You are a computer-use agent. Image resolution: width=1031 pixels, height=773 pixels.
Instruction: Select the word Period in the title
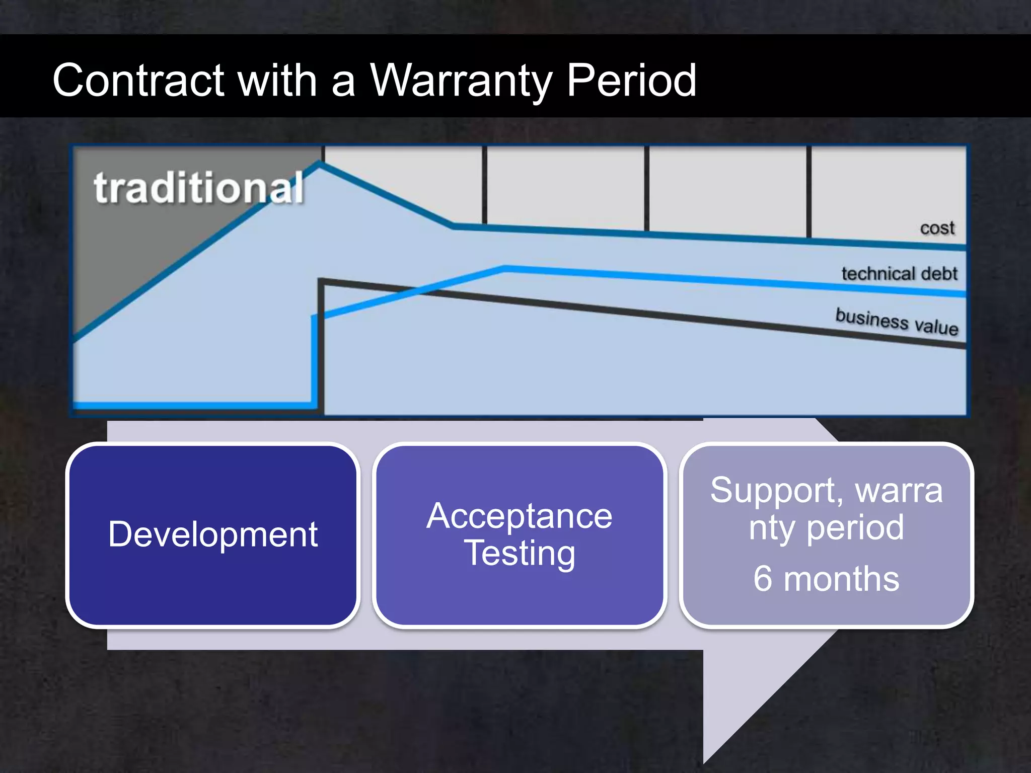(631, 81)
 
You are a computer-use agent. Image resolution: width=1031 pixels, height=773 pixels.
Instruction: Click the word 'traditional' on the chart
(199, 188)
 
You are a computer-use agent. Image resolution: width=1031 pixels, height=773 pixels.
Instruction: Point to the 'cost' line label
(937, 228)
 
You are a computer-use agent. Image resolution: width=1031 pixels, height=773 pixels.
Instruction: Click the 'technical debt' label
(899, 274)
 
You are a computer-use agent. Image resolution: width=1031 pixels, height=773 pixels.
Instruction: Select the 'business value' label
(897, 321)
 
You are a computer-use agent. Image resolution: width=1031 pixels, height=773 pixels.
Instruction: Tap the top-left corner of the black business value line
(321, 281)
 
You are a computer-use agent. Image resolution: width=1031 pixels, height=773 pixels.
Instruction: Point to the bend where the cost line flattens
(453, 226)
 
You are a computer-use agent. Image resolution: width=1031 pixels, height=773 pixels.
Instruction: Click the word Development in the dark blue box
(213, 534)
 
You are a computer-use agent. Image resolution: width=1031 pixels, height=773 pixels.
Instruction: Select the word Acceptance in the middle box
(519, 516)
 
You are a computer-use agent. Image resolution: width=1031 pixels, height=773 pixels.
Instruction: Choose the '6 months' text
(826, 579)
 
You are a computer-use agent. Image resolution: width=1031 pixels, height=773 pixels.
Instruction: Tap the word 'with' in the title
(277, 81)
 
